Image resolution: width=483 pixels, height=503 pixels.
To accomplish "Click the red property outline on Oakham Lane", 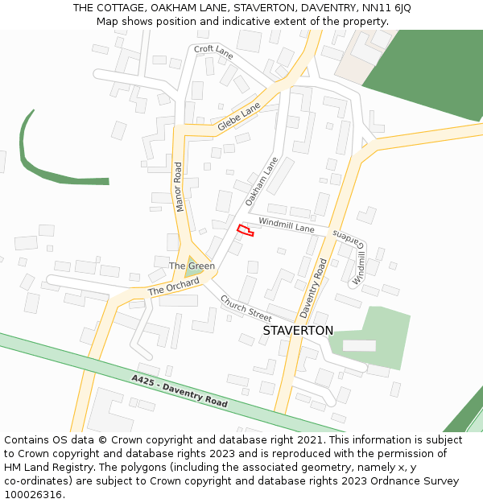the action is [246, 232].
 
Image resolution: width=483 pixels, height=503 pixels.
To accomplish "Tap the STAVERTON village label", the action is [298, 331].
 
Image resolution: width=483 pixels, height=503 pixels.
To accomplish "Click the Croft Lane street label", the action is [213, 52].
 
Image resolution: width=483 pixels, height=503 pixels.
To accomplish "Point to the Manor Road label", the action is [179, 187].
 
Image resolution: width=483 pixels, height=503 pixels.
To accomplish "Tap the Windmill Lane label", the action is [287, 228].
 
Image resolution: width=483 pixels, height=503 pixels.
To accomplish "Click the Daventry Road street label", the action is [313, 287].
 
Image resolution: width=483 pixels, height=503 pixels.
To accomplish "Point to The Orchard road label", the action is [173, 286].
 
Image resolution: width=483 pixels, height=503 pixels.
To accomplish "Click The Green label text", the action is [192, 266].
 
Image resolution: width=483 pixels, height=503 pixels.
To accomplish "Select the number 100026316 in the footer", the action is [34, 494].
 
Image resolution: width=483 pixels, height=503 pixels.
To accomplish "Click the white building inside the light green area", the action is [359, 345].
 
